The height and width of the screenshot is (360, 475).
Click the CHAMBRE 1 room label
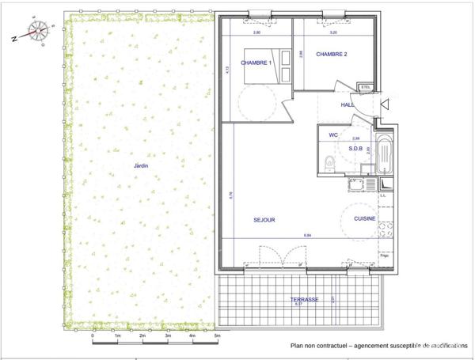[x=256, y=63]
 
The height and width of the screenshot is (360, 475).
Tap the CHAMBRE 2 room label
[x=331, y=55]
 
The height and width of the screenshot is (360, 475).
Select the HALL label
[x=348, y=104]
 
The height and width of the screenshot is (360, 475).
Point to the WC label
[x=333, y=135]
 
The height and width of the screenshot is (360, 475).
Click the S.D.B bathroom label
[x=355, y=148]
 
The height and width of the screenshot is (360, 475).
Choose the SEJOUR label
[x=264, y=220]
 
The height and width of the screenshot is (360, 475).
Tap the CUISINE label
[x=364, y=218]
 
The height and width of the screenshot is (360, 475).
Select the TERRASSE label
[x=304, y=299]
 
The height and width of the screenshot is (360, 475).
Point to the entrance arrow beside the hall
[x=386, y=103]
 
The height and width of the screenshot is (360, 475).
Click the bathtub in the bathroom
[x=384, y=158]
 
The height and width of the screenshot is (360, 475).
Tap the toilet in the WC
[x=330, y=163]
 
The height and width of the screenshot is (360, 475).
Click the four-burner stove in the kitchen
[x=386, y=228]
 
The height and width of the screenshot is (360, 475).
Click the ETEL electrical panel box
[x=365, y=88]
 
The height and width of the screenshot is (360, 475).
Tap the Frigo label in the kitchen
[x=384, y=256]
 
